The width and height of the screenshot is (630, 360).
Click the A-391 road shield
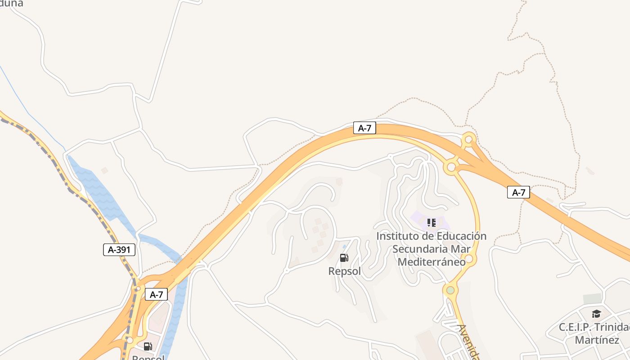click(x=119, y=250)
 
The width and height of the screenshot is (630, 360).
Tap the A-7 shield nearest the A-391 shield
click(x=156, y=295)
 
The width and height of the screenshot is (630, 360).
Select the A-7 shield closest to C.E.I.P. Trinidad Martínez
click(x=519, y=193)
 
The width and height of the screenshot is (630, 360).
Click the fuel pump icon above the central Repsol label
click(x=344, y=258)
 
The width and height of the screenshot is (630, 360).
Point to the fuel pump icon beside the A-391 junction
click(x=148, y=346)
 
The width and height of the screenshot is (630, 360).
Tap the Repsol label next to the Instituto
click(x=344, y=272)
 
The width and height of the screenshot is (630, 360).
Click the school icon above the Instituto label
click(x=432, y=222)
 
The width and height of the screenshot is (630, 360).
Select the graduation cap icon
click(x=596, y=314)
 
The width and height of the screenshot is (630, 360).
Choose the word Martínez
click(x=597, y=340)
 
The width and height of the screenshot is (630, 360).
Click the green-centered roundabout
click(x=450, y=290)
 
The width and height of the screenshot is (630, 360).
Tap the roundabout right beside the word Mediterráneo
click(x=469, y=259)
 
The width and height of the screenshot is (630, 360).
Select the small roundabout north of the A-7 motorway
click(x=468, y=139)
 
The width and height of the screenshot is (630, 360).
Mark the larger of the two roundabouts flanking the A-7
click(x=451, y=168)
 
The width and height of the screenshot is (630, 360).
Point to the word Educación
click(x=459, y=236)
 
